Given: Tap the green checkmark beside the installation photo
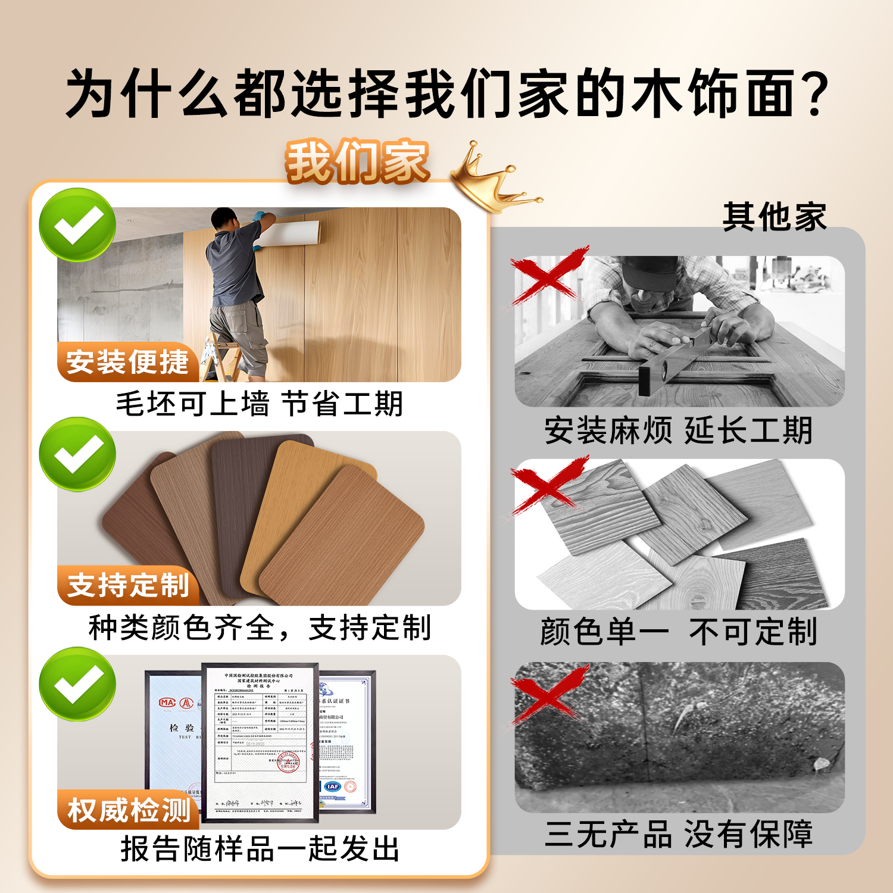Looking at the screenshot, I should [x=77, y=225].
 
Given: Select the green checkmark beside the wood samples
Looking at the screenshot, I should [x=77, y=454].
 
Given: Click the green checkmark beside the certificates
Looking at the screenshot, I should [x=77, y=683].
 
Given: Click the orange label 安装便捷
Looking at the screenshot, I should [x=127, y=362].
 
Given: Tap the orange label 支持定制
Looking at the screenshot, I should [x=127, y=585].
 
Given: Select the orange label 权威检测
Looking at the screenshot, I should [x=129, y=810].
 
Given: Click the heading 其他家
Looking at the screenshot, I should [x=775, y=216].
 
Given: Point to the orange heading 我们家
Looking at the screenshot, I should [x=357, y=161].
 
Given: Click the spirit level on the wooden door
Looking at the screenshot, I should [x=673, y=354].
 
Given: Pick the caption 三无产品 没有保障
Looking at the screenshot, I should [x=678, y=833].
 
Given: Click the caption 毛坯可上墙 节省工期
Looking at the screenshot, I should [x=259, y=404].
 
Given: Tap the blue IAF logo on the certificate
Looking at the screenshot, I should [x=333, y=786].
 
